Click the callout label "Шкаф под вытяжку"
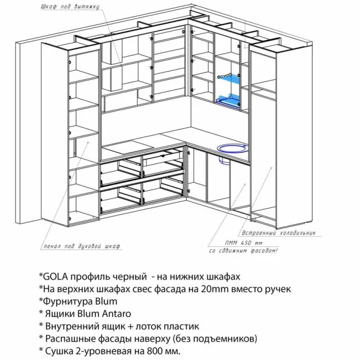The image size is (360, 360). pyautogui.click(x=70, y=6)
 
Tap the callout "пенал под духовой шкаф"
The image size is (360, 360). pyautogui.click(x=82, y=246)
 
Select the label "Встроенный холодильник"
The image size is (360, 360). pyautogui.click(x=279, y=233)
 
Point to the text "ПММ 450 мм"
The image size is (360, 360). pyautogui.click(x=244, y=243)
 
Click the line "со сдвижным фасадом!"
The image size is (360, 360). pyautogui.click(x=244, y=250)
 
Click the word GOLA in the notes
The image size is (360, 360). pyautogui.click(x=56, y=277)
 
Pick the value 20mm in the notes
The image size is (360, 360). pyautogui.click(x=215, y=289)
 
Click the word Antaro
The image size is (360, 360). pyautogui.click(x=116, y=314)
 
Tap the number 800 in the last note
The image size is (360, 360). pyautogui.click(x=153, y=351)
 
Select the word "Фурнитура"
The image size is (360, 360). pyautogui.click(x=66, y=301)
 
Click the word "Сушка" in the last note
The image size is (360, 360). pyautogui.click(x=58, y=351)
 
